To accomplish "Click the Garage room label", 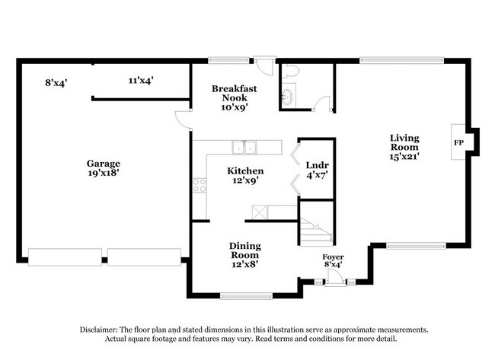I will (103, 168).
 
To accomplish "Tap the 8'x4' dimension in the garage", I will (56, 81).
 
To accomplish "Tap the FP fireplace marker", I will (458, 142).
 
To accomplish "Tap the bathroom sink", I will (287, 97).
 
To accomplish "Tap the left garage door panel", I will (65, 256).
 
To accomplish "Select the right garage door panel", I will (145, 256).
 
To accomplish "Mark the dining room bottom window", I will (245, 295).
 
